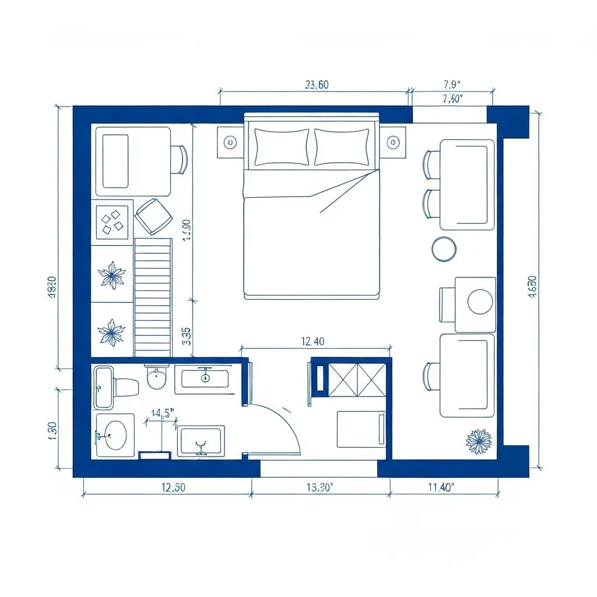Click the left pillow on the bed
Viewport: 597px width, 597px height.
(282, 147)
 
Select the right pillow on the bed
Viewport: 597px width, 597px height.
(342, 147)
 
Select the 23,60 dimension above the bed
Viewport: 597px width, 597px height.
(317, 85)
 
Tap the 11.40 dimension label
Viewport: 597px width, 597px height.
(440, 489)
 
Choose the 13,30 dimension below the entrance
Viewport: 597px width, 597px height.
(319, 489)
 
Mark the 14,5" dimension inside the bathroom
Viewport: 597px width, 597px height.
(163, 413)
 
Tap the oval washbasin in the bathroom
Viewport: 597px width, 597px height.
(115, 435)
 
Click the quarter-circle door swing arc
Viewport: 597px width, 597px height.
(286, 420)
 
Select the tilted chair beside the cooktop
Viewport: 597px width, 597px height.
(154, 216)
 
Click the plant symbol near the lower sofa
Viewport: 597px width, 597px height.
(479, 441)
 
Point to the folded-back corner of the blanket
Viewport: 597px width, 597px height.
(344, 189)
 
